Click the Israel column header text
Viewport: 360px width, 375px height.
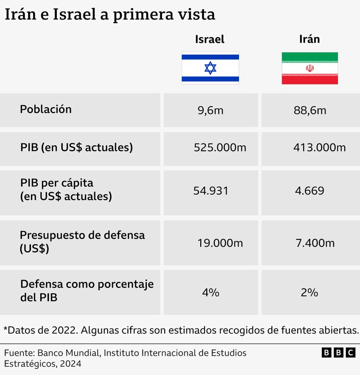[x=210, y=39]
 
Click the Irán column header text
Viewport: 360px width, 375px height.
[x=309, y=39]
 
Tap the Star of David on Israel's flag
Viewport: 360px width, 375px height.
[x=210, y=68]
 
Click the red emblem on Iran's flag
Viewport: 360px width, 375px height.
[x=310, y=68]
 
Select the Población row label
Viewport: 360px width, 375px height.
[x=46, y=110]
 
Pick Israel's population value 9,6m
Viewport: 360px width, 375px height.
[x=210, y=111]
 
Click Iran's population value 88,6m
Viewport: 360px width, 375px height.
[x=310, y=111]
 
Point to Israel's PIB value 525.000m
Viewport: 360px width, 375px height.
[x=220, y=148]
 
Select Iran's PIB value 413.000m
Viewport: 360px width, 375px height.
[x=319, y=148]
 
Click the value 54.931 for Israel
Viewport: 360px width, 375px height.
[x=210, y=191]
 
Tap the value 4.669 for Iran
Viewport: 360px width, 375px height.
[x=310, y=191]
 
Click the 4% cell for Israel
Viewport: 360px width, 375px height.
[x=210, y=292]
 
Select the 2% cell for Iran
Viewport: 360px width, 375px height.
[x=310, y=292]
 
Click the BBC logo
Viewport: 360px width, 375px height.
[x=338, y=353]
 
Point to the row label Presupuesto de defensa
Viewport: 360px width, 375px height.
[x=82, y=235]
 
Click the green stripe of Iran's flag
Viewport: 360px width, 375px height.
[x=310, y=57]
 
